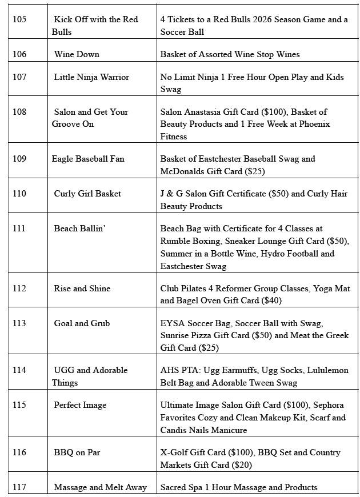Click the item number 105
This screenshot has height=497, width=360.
point(19,19)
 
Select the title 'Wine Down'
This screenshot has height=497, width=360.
point(77,54)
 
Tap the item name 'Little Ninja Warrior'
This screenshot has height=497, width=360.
point(91,77)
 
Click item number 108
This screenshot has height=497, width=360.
point(19,112)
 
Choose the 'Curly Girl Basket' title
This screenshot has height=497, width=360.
point(87,194)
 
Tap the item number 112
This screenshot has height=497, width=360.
point(19,288)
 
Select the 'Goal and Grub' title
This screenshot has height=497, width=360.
point(82,323)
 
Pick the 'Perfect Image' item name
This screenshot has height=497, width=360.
point(80,405)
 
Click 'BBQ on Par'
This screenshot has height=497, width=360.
point(77,452)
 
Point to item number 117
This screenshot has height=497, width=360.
point(19,487)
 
